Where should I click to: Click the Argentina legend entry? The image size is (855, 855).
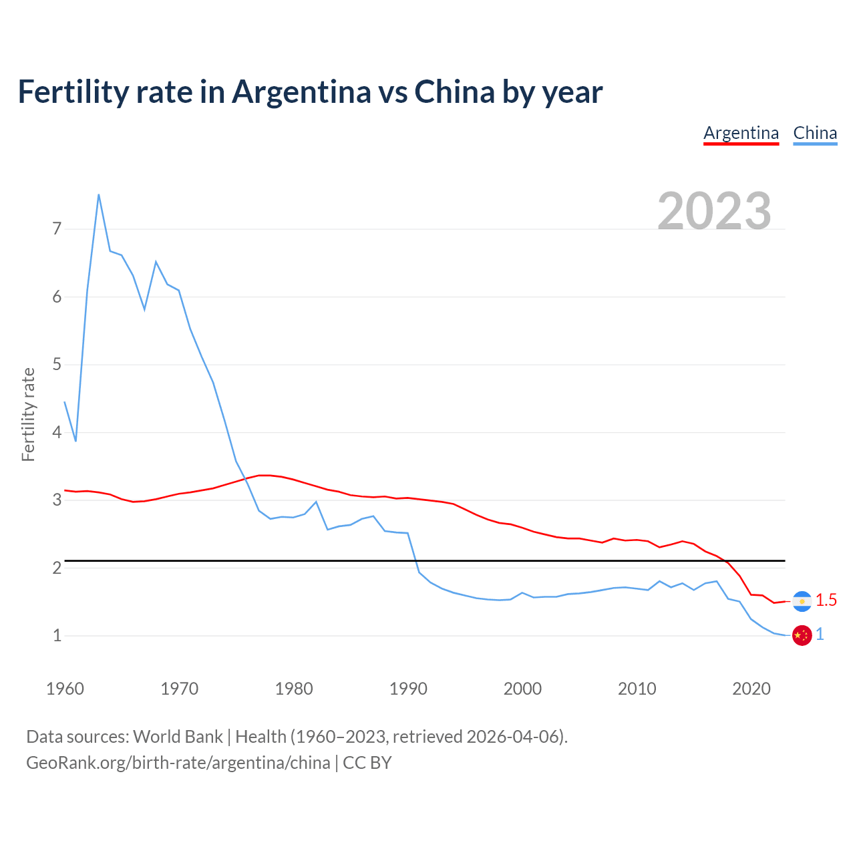tap(741, 133)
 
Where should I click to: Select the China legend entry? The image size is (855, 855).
tap(815, 133)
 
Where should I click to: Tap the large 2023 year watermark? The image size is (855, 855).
tap(714, 211)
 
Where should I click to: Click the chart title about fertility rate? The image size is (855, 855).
tap(310, 92)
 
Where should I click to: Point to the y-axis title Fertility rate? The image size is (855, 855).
tap(28, 414)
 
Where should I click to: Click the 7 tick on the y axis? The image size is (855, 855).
tap(57, 229)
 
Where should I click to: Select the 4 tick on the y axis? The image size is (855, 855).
tap(57, 432)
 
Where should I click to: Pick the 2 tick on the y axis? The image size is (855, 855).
tap(57, 568)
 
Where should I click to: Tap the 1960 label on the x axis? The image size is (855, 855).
tap(65, 688)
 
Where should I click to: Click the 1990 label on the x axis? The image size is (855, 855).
tap(408, 688)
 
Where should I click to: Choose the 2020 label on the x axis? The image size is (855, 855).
tap(751, 688)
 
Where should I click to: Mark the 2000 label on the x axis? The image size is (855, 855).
tap(522, 688)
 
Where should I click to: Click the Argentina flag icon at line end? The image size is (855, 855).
tap(802, 601)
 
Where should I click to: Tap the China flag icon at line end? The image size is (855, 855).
tap(802, 635)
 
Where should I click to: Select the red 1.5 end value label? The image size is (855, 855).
tap(826, 601)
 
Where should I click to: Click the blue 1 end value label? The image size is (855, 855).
tap(820, 635)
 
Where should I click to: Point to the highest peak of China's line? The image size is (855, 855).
tap(99, 195)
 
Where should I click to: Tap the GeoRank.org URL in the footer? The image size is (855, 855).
tap(178, 763)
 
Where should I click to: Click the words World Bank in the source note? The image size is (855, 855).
tap(178, 737)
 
